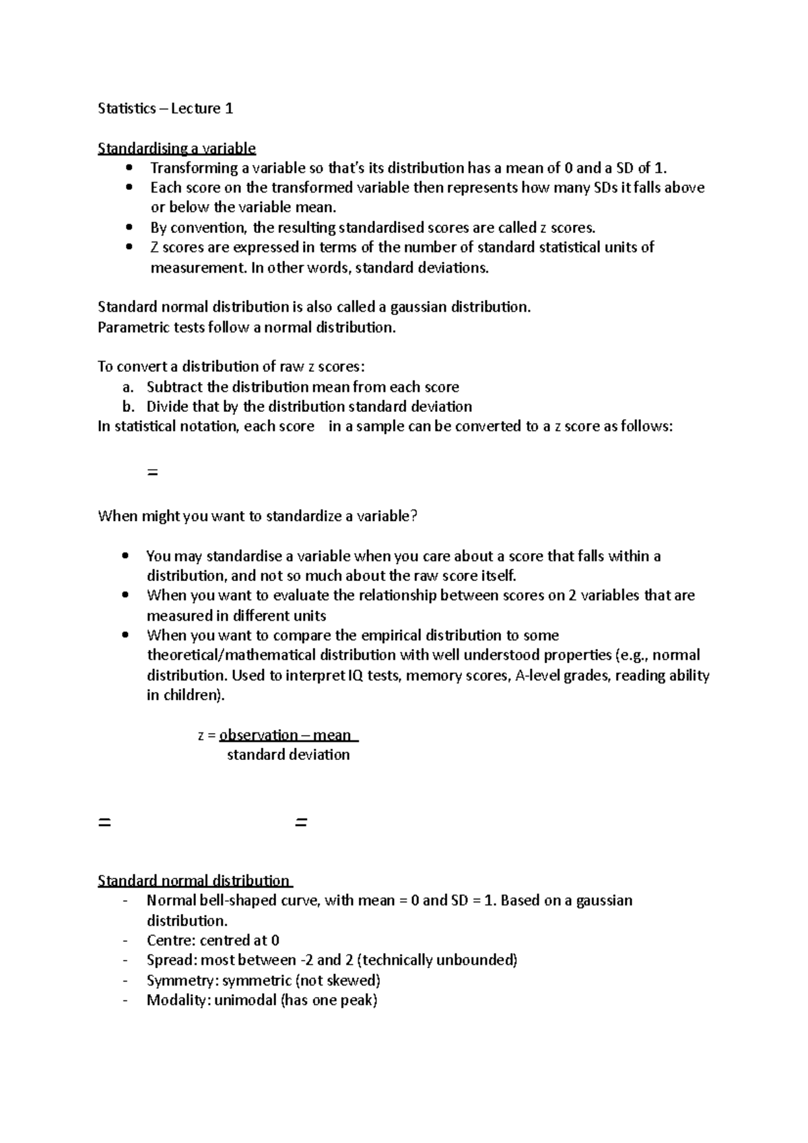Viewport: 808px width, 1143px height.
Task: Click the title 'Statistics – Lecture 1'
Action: (x=166, y=108)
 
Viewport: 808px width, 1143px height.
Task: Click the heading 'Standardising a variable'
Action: (x=176, y=148)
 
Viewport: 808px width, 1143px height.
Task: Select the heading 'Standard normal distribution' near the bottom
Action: (x=194, y=880)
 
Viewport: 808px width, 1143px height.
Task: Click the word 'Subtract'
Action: (x=174, y=387)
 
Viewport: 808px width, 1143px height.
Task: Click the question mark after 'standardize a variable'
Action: (x=414, y=516)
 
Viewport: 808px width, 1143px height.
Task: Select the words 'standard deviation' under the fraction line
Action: (x=288, y=755)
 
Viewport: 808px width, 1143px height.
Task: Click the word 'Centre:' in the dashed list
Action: (x=171, y=940)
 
